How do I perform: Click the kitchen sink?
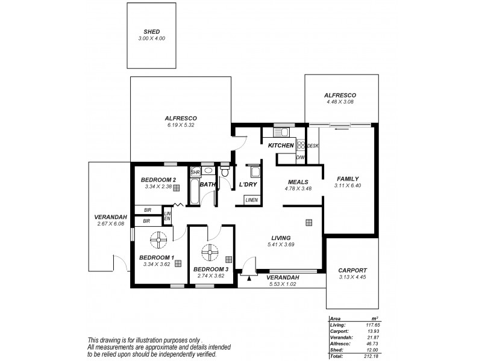(x=281, y=132)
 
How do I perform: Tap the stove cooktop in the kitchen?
(x=301, y=145)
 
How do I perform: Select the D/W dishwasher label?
(x=300, y=158)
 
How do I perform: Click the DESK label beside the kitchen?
(x=313, y=146)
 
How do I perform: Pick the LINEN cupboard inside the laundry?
(x=251, y=200)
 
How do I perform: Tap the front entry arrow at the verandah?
(x=248, y=278)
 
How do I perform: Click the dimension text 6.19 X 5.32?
(x=181, y=125)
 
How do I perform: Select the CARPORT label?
(x=353, y=270)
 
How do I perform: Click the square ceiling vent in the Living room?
(x=308, y=222)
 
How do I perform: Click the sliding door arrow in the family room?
(x=342, y=128)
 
